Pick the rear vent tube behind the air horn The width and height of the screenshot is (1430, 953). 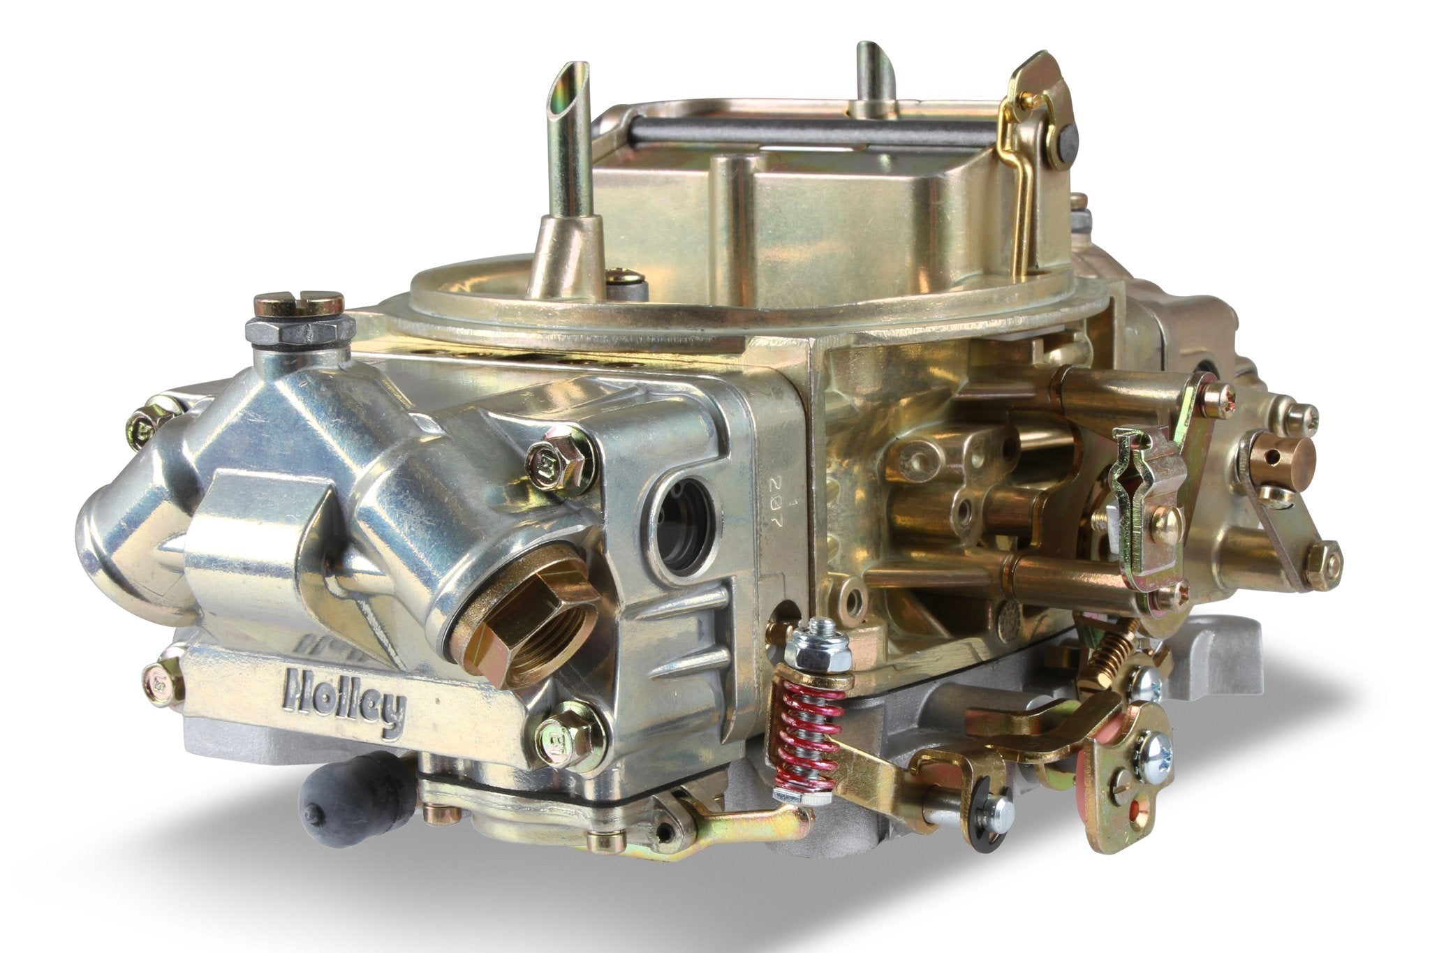[x=874, y=70]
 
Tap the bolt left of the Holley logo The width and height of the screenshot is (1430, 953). [x=162, y=681]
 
